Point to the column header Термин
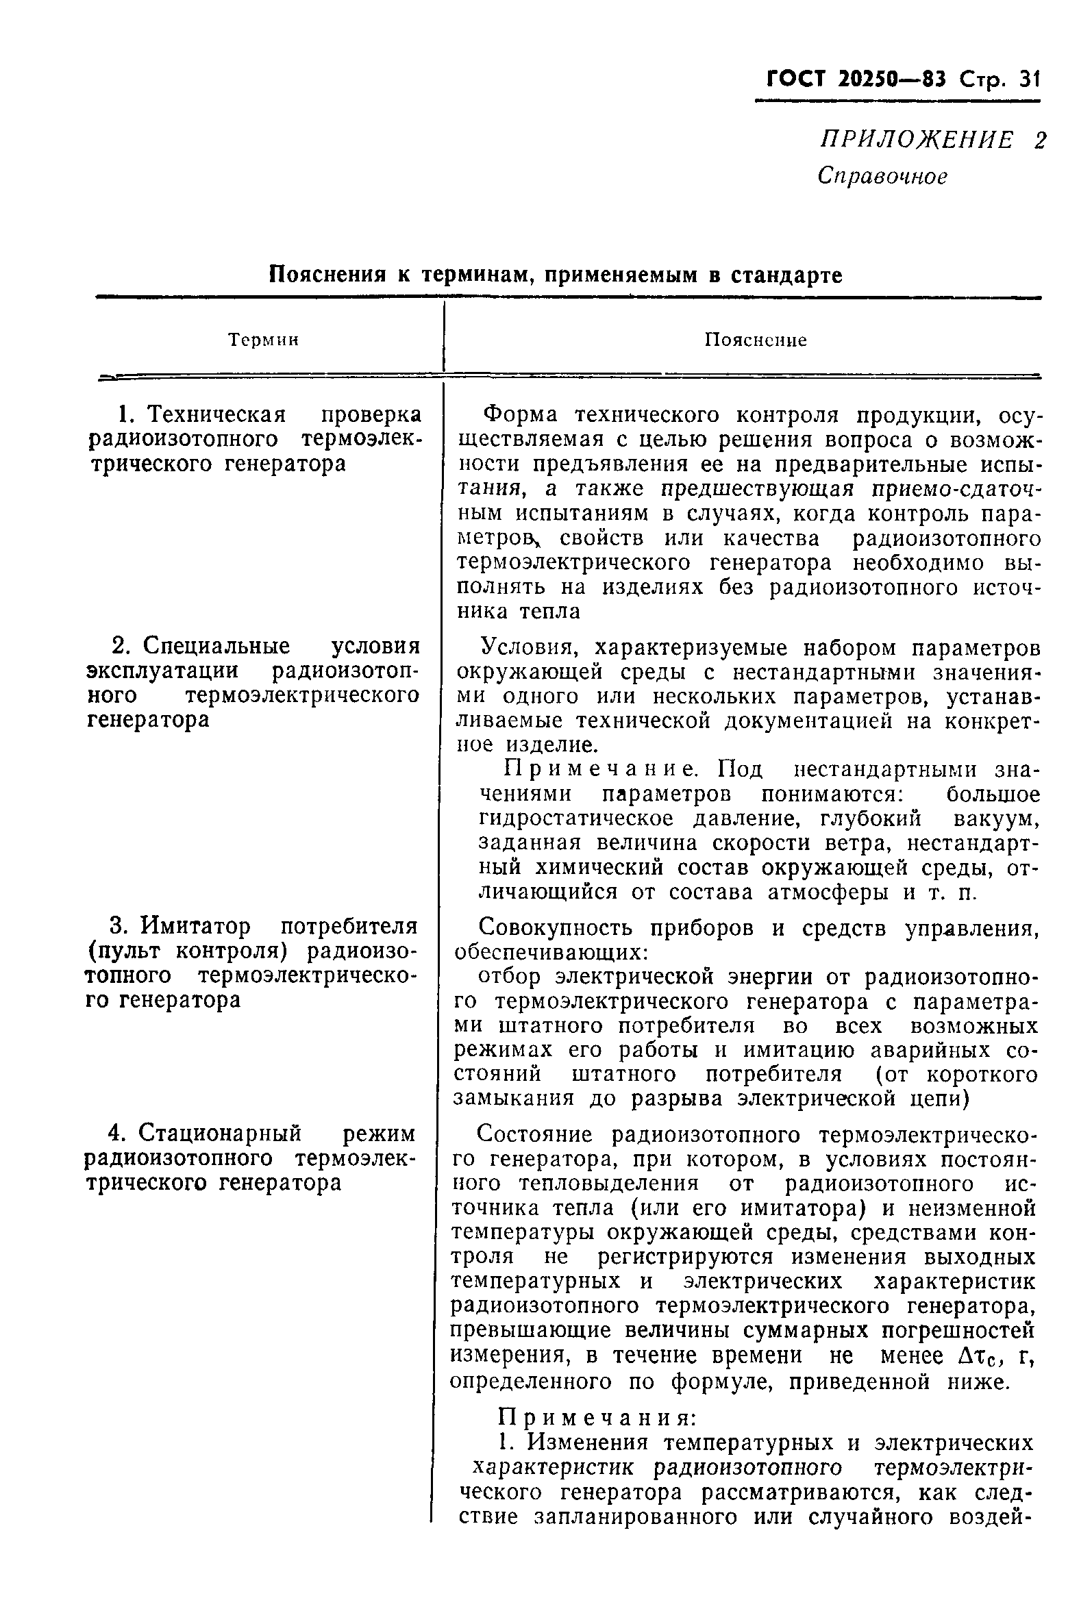pyautogui.click(x=263, y=340)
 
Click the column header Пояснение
pyautogui.click(x=756, y=340)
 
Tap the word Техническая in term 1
pyautogui.click(x=218, y=414)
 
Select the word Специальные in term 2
pyautogui.click(x=216, y=646)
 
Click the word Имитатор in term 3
pyautogui.click(x=196, y=927)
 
